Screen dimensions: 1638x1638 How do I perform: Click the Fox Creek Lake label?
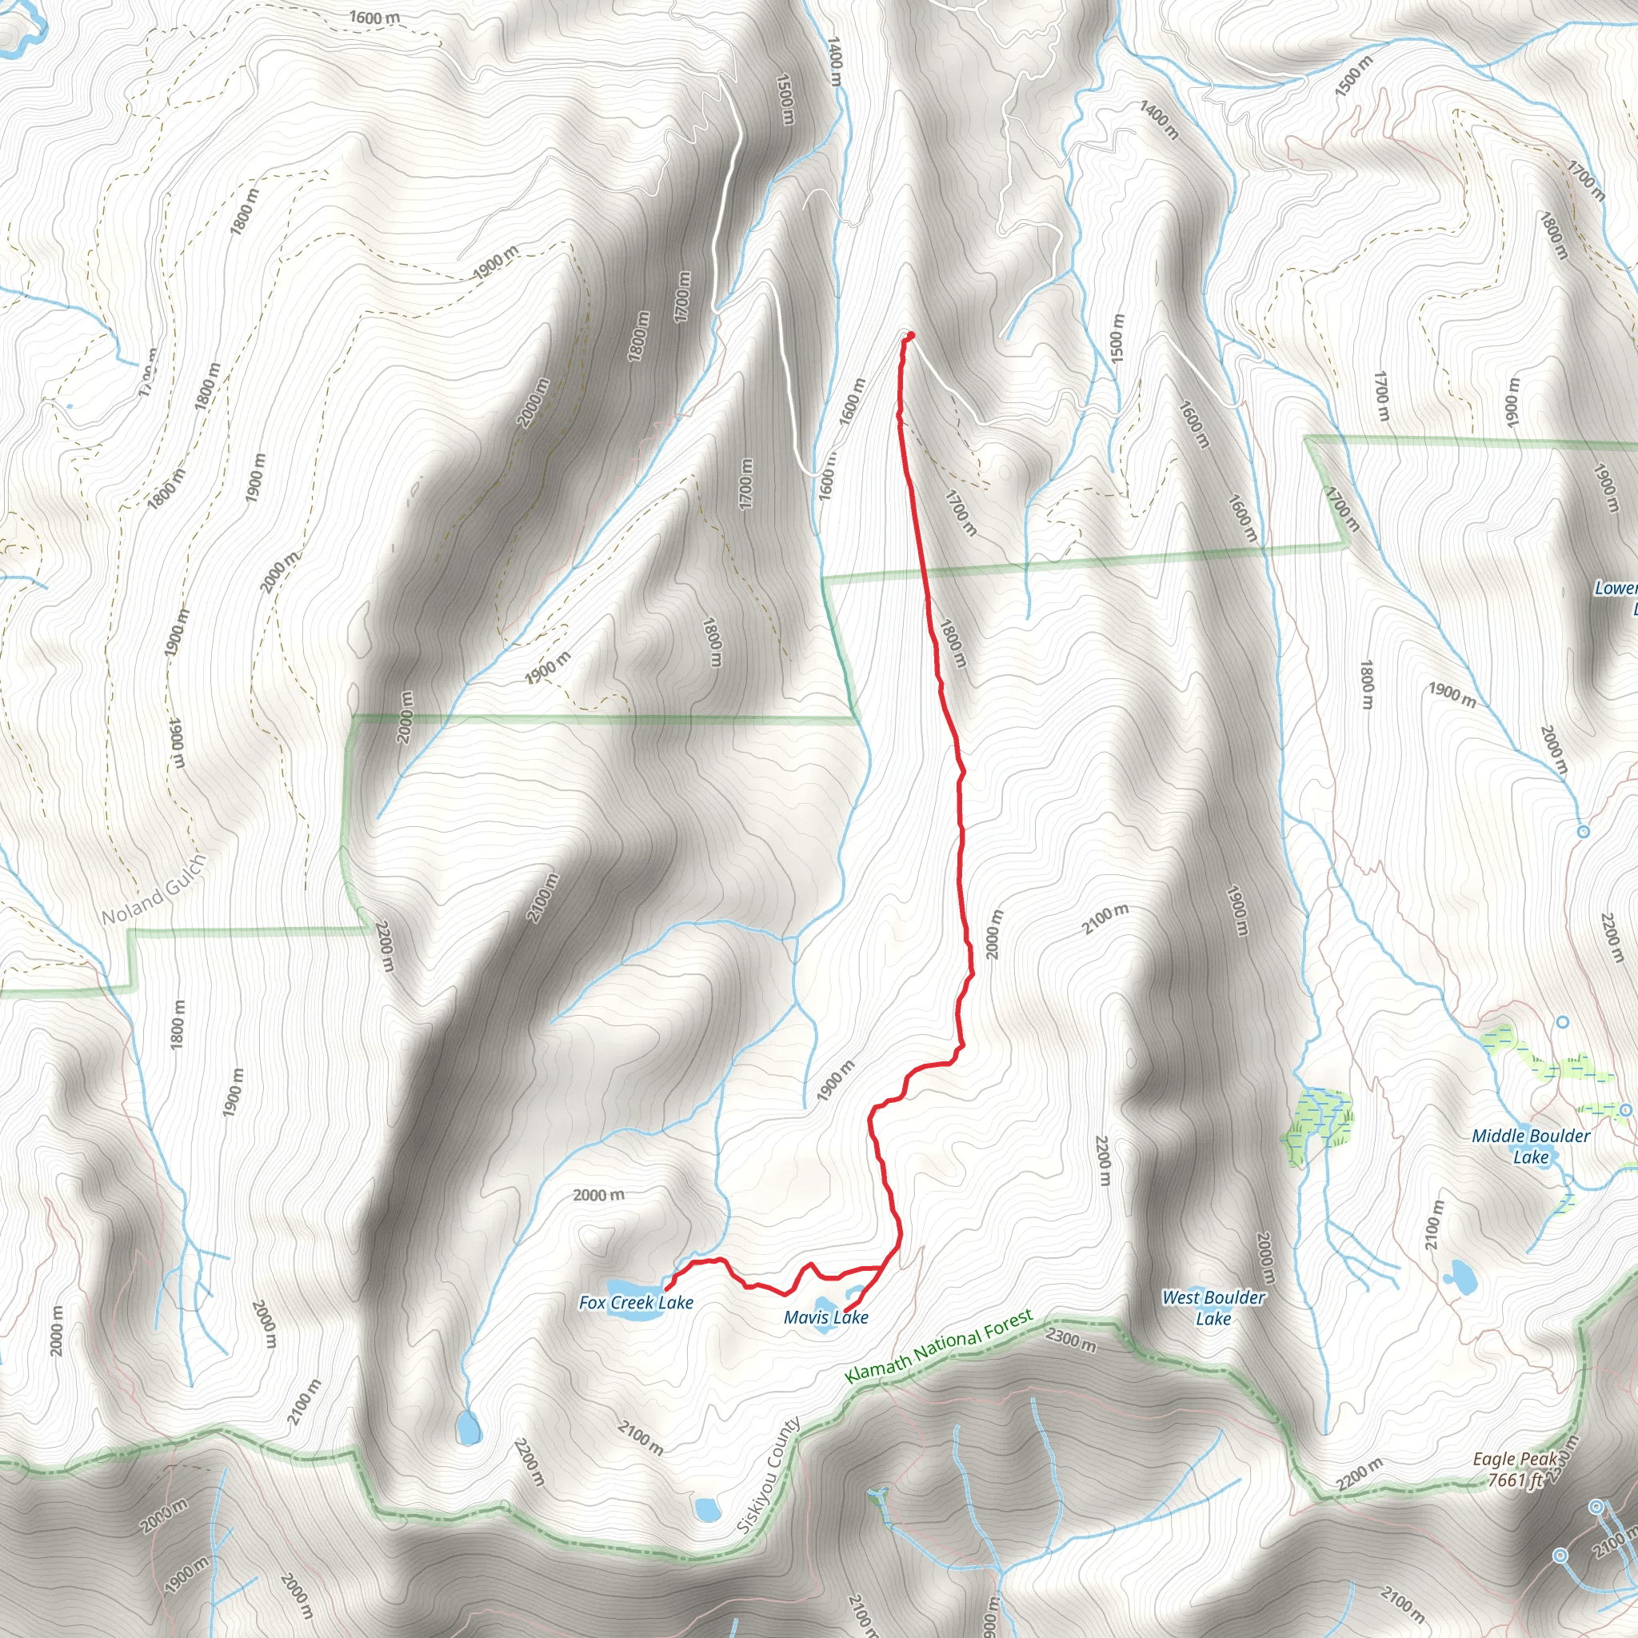[636, 1302]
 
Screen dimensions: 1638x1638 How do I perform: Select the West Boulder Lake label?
[1213, 1308]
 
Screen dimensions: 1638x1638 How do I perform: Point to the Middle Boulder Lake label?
[1530, 1146]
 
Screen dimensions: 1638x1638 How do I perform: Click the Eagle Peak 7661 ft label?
[1515, 1469]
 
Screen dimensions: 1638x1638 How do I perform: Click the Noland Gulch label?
[154, 890]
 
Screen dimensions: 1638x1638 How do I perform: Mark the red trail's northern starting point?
[910, 336]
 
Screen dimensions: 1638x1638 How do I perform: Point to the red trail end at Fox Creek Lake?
[668, 1289]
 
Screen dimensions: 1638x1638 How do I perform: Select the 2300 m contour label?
[1072, 1339]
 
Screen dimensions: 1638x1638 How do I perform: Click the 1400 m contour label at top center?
[834, 61]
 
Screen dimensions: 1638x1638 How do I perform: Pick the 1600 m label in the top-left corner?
[374, 17]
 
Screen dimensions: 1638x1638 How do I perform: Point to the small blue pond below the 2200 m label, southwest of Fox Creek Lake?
[467, 1428]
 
